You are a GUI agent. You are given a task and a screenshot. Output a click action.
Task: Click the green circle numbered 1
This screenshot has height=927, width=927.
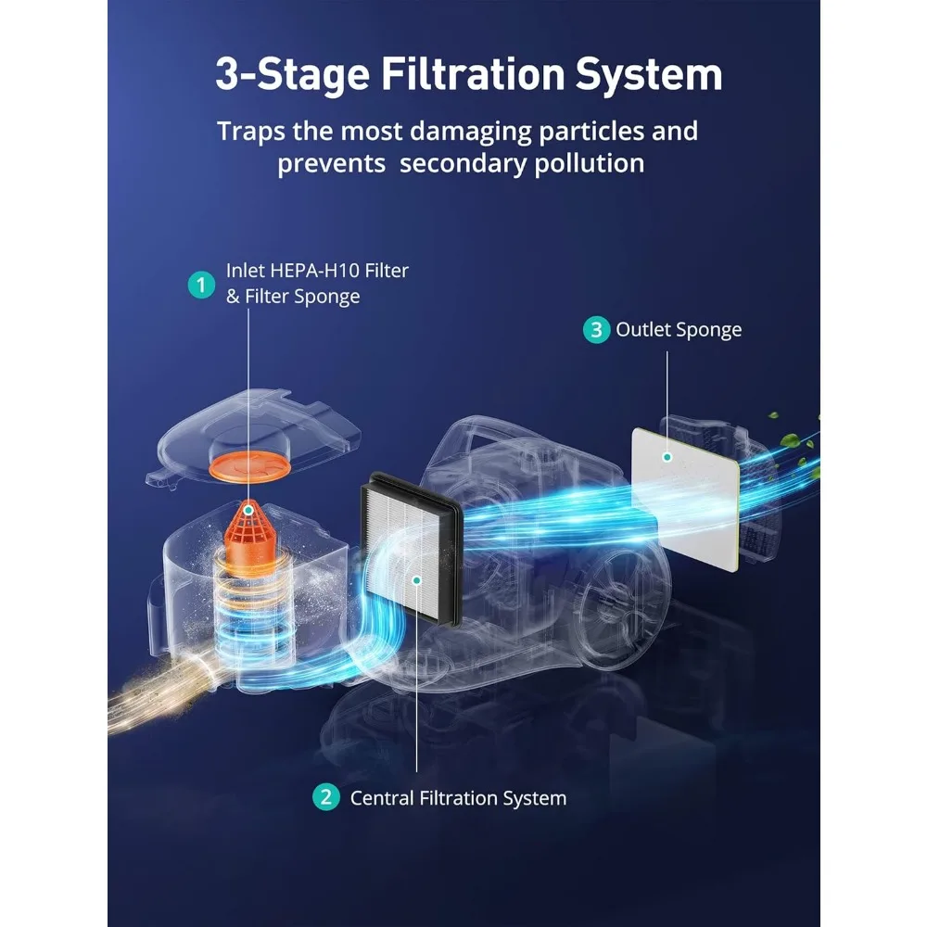pyautogui.click(x=201, y=285)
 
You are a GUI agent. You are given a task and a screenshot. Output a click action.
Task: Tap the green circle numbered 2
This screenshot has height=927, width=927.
pyautogui.click(x=325, y=796)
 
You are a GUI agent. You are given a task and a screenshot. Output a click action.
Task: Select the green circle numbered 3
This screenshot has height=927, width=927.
pyautogui.click(x=596, y=329)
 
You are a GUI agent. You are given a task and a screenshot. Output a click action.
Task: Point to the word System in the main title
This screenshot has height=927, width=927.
pyautogui.click(x=649, y=75)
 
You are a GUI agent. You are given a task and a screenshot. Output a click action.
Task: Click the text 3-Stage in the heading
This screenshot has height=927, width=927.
pyautogui.click(x=293, y=75)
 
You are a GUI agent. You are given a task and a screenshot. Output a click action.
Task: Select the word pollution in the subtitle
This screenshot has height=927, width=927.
pyautogui.click(x=590, y=164)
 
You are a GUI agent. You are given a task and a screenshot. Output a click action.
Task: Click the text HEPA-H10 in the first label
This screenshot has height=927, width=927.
pyautogui.click(x=314, y=270)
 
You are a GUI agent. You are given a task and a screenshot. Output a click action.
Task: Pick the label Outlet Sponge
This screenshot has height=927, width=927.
pyautogui.click(x=679, y=330)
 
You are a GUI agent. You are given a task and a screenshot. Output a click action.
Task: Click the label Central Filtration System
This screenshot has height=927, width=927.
pyautogui.click(x=458, y=798)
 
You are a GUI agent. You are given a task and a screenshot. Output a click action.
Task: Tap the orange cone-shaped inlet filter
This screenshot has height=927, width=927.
pyautogui.click(x=250, y=531)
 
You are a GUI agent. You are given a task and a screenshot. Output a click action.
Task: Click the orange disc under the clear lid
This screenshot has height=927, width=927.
pyautogui.click(x=250, y=465)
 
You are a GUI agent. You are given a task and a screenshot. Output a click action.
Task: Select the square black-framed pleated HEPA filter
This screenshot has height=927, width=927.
pyautogui.click(x=411, y=548)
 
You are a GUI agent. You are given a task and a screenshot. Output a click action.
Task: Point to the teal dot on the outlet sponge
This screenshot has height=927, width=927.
pyautogui.click(x=667, y=457)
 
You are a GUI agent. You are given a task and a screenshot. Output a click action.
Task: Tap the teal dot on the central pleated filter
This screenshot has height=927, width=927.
pyautogui.click(x=417, y=580)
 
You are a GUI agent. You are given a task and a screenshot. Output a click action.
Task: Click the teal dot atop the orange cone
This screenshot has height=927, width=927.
pyautogui.click(x=248, y=510)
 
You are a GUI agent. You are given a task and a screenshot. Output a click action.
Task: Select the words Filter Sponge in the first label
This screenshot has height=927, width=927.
pyautogui.click(x=302, y=297)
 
